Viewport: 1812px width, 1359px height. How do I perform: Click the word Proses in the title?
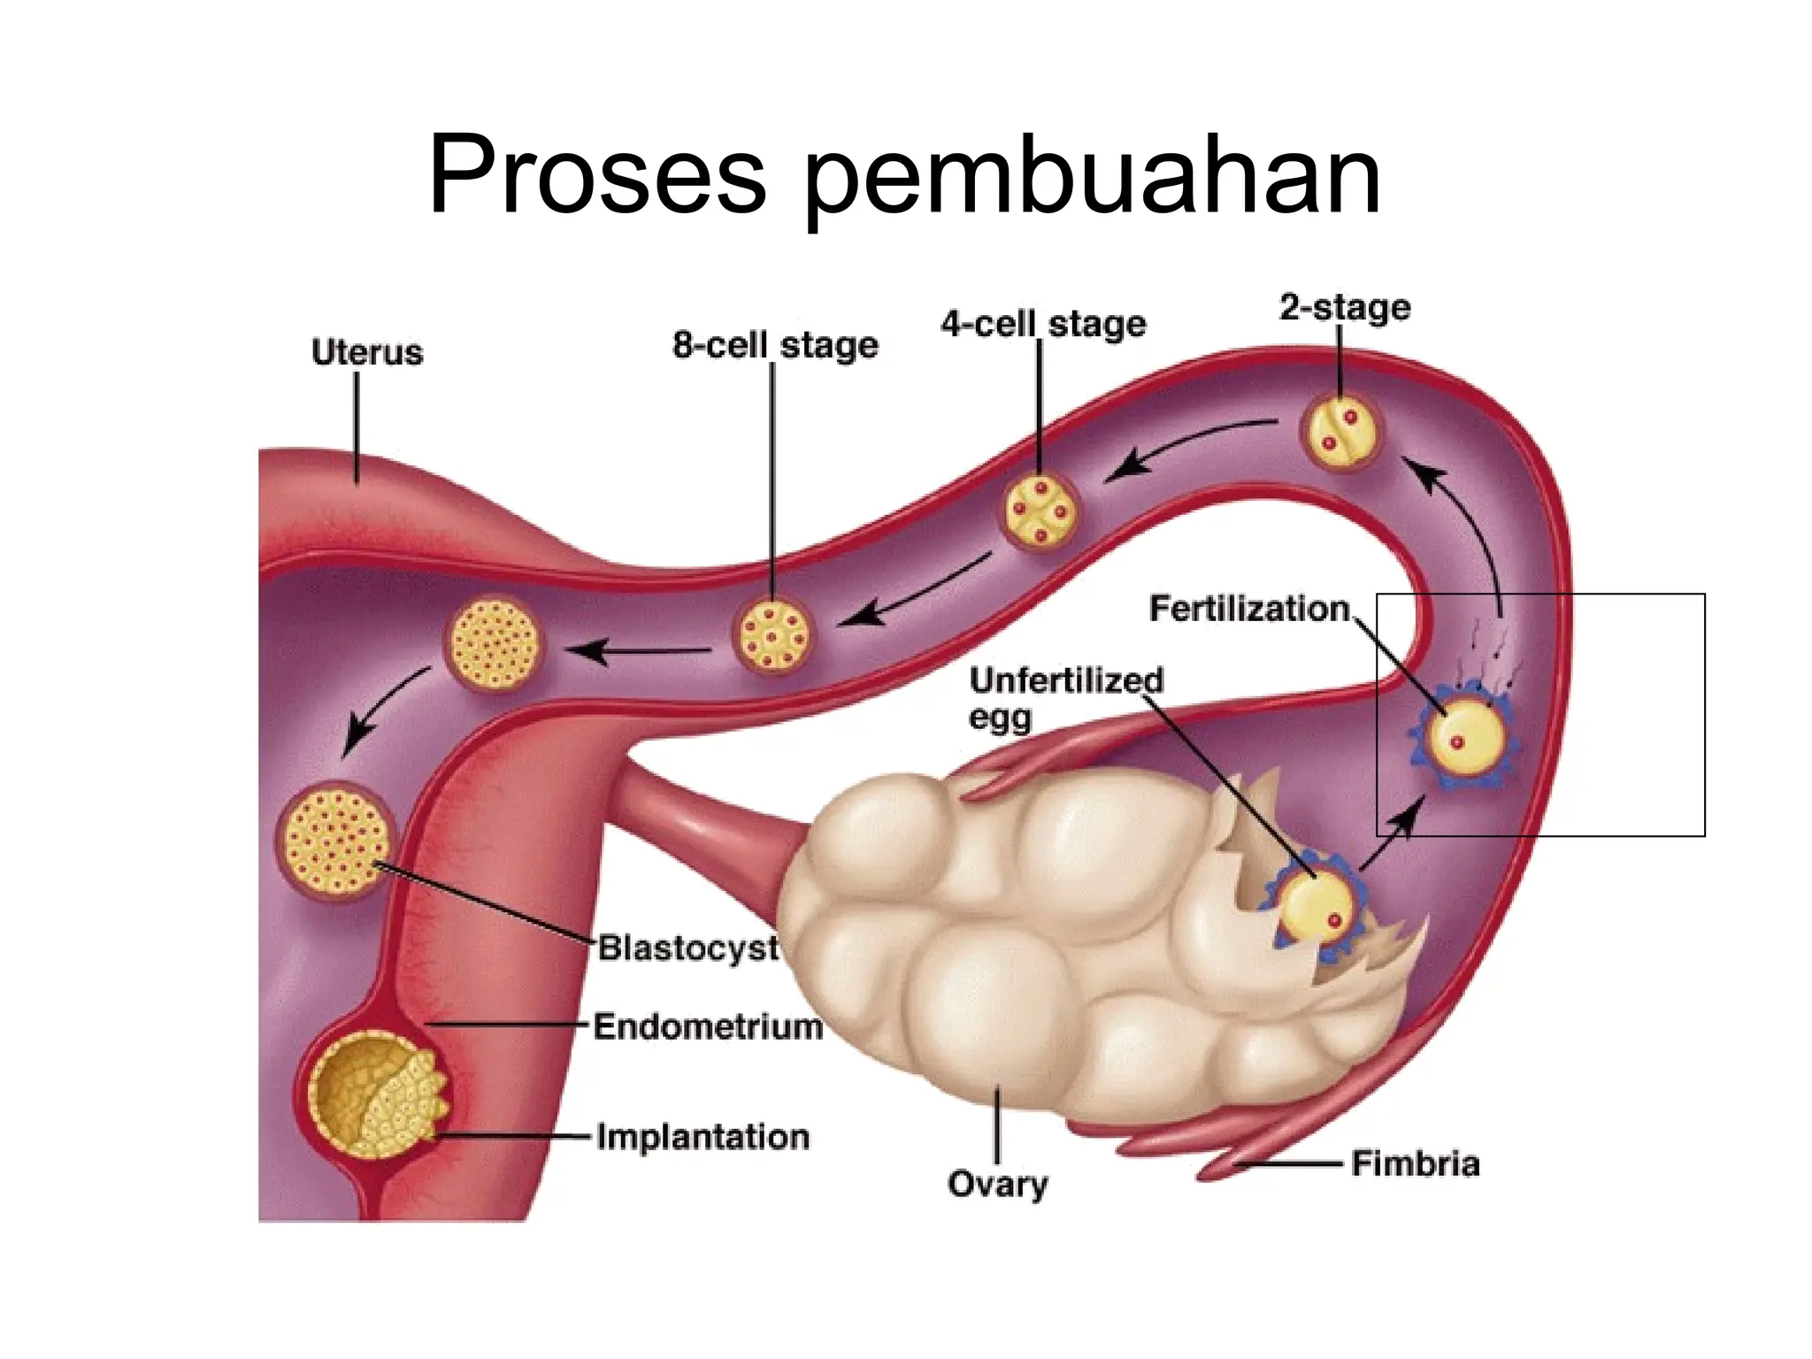596,177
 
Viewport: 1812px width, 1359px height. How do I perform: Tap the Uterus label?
367,352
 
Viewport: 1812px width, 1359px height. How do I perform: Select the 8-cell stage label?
775,345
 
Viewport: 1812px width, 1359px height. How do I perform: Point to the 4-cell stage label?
1043,324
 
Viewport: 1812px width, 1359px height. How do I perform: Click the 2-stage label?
1345,307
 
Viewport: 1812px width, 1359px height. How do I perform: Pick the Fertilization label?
1248,609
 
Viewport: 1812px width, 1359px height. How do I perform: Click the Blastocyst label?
687,948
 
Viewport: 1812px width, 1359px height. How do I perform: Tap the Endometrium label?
707,1027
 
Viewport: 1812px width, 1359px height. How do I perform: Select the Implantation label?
703,1136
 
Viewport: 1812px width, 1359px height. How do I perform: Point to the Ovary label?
997,1183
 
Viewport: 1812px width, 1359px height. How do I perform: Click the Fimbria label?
1415,1163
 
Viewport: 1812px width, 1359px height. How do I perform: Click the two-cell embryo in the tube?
1340,431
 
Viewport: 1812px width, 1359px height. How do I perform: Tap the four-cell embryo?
1040,511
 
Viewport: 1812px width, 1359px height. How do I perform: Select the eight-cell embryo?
773,633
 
